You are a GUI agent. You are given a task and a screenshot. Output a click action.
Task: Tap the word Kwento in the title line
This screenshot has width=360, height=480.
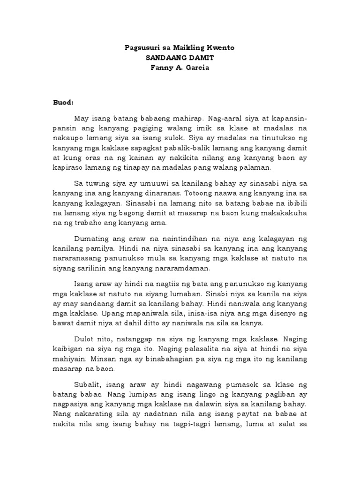(x=219, y=48)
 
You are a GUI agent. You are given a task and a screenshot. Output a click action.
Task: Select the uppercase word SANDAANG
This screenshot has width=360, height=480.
(x=164, y=57)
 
